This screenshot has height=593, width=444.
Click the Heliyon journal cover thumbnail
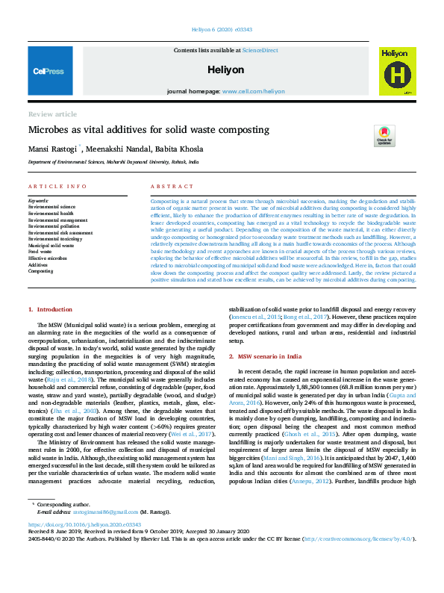pos(395,72)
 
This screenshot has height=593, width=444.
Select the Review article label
pos(52,114)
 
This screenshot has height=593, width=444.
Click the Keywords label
pos(38,201)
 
